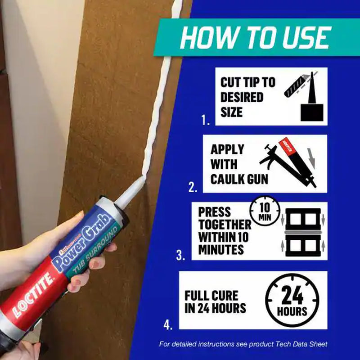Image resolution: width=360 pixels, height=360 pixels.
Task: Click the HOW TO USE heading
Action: [255, 38]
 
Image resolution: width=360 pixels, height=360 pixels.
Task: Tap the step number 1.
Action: [206, 120]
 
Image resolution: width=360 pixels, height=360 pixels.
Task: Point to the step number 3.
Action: [181, 256]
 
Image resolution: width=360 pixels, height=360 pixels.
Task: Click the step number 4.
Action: [167, 324]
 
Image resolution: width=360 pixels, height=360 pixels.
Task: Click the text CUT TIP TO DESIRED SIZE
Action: [247, 97]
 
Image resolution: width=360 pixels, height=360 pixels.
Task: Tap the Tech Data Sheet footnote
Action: [243, 344]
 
